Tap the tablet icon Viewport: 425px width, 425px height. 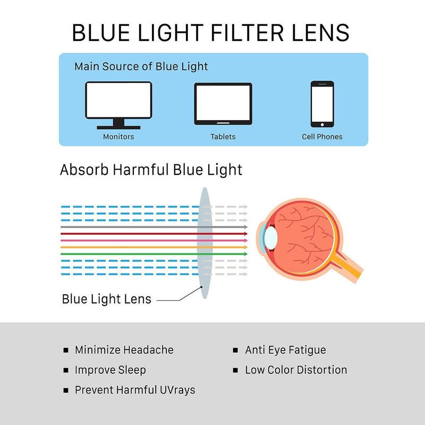click(x=223, y=104)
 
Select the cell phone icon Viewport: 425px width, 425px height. click(x=322, y=104)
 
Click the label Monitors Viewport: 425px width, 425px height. click(x=118, y=137)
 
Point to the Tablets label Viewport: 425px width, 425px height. click(x=223, y=137)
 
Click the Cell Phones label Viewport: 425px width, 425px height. click(x=322, y=137)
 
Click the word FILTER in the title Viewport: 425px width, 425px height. click(x=244, y=33)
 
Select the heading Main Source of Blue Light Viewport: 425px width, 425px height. click(x=141, y=67)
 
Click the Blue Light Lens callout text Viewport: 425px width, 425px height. click(x=106, y=299)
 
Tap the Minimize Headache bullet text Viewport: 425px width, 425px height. click(x=124, y=350)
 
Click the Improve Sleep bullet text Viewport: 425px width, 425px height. click(x=110, y=370)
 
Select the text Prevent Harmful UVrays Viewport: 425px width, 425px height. click(x=135, y=390)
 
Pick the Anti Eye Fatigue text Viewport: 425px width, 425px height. click(x=285, y=350)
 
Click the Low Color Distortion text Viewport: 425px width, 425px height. click(x=296, y=370)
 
